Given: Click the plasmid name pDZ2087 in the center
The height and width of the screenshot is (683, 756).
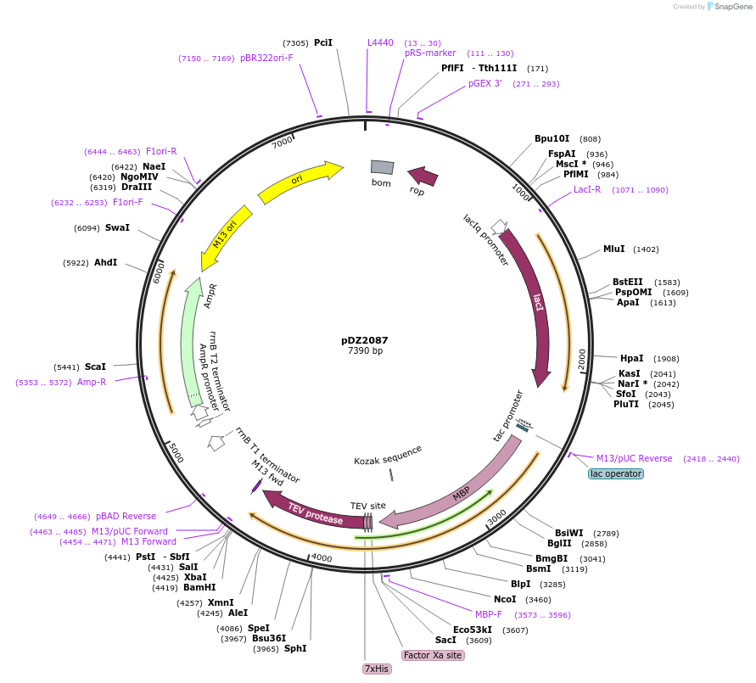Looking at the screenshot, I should (x=365, y=340).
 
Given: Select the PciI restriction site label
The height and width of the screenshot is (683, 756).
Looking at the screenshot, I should (x=323, y=42).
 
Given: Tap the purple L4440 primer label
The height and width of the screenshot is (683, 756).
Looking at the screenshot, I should (x=380, y=42).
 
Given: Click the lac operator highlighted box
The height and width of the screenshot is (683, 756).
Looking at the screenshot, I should (x=616, y=473).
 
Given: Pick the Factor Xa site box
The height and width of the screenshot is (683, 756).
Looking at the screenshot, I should (x=433, y=655).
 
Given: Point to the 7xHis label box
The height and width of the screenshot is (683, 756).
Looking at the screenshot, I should (x=376, y=669).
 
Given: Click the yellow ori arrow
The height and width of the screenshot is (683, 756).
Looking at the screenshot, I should (x=299, y=181).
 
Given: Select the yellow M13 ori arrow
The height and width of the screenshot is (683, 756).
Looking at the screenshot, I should (x=224, y=238).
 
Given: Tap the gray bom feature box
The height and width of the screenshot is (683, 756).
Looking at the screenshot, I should (x=382, y=168).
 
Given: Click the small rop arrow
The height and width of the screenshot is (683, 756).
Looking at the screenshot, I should (x=423, y=176).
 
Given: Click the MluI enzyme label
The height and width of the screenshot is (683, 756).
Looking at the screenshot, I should (x=613, y=249).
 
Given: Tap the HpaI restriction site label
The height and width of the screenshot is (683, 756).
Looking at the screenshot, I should (x=632, y=358).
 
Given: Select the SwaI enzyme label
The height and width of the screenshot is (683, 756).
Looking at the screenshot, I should (x=117, y=227).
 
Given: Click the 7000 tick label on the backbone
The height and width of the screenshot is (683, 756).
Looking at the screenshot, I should (x=281, y=143).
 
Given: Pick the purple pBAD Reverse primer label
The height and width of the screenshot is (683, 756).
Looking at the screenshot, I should (x=126, y=516).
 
